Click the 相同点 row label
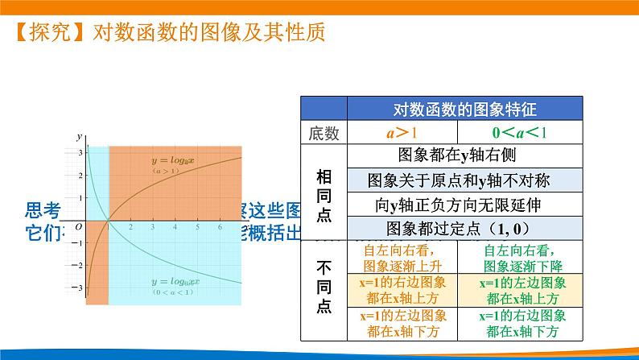[324, 192]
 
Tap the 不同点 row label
[324, 288]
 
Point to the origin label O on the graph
[79, 228]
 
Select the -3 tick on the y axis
[79, 288]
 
